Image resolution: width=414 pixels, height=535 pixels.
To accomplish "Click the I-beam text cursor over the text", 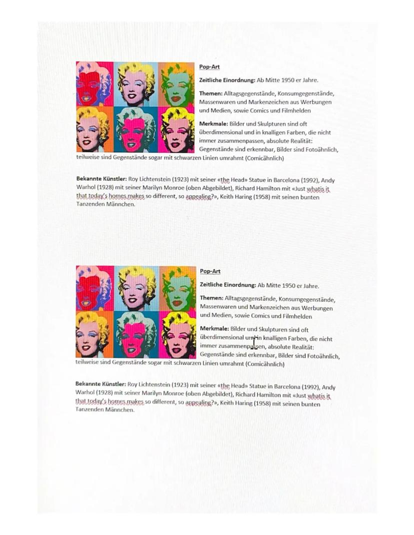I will tap(254, 342).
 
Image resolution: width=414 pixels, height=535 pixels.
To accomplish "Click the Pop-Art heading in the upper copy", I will tap(209, 67).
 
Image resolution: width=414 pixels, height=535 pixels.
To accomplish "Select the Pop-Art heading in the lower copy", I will tap(210, 271).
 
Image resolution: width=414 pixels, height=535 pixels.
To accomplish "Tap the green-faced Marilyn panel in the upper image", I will tap(176, 83).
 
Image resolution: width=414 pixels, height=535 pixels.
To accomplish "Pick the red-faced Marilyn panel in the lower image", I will tap(94, 288).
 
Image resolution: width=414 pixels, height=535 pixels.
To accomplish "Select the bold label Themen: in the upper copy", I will tap(210, 93).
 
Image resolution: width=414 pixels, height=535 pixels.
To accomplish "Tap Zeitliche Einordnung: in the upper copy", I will tap(227, 80).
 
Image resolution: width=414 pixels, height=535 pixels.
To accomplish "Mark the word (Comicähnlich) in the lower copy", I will tap(264, 364).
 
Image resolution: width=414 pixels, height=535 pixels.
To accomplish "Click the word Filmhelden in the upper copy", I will tap(297, 110).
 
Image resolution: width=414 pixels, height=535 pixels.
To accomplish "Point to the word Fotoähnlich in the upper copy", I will tap(320, 149).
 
